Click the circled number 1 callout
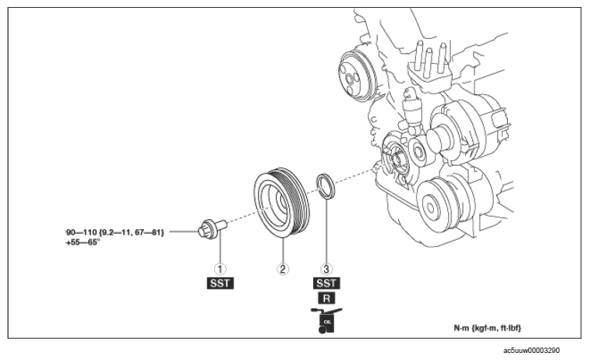(220, 269)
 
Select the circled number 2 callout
(283, 269)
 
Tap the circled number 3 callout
(326, 269)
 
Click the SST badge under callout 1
(220, 284)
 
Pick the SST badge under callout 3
(326, 284)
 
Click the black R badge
(326, 298)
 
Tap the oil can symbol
(326, 320)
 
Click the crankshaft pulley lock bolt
(212, 228)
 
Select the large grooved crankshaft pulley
(282, 203)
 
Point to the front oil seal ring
(326, 185)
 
